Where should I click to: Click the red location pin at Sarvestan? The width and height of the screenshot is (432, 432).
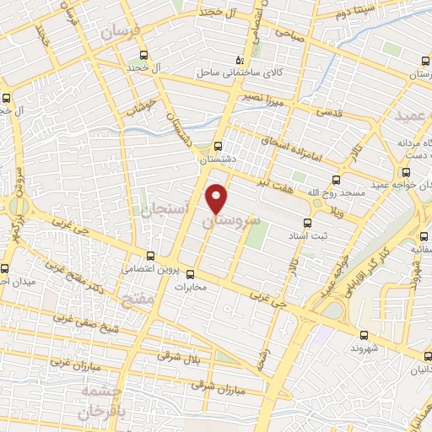click(218, 197)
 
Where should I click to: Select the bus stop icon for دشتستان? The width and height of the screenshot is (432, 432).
click(219, 144)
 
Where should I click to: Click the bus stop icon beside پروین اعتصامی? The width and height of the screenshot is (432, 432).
click(151, 255)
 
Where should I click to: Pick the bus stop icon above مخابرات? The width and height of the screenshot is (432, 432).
click(190, 273)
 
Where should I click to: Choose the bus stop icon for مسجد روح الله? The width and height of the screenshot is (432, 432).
click(335, 180)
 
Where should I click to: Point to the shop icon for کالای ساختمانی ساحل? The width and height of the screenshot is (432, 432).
click(240, 59)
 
